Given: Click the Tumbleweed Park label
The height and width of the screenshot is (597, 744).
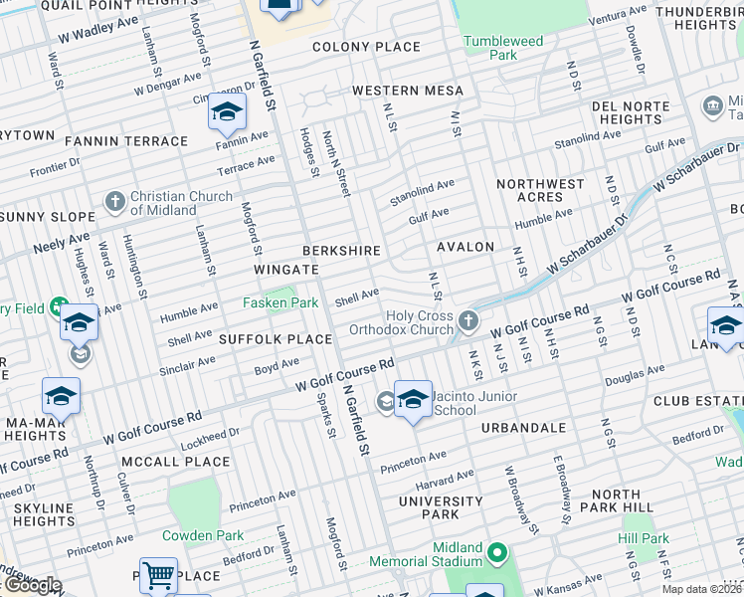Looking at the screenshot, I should [x=502, y=48].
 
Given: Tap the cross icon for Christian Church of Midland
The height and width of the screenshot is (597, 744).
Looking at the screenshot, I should [x=114, y=203].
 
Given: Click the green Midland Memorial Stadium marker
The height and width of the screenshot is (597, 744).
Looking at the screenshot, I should [x=499, y=550].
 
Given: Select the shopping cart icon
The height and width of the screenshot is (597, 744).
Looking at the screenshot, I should [x=158, y=574].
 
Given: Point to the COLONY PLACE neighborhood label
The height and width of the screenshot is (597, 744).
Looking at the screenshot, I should [x=366, y=47].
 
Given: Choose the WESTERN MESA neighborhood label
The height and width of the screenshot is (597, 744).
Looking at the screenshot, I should [x=408, y=91].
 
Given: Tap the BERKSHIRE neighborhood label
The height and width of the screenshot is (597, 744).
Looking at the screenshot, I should [x=343, y=249].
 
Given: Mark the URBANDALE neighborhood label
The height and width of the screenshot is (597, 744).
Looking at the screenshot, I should [x=523, y=427].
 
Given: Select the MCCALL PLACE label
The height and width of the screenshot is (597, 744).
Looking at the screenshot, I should [x=175, y=462].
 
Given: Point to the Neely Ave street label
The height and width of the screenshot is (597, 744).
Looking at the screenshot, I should [x=61, y=242].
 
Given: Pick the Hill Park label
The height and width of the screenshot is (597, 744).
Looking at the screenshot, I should [x=642, y=538].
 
